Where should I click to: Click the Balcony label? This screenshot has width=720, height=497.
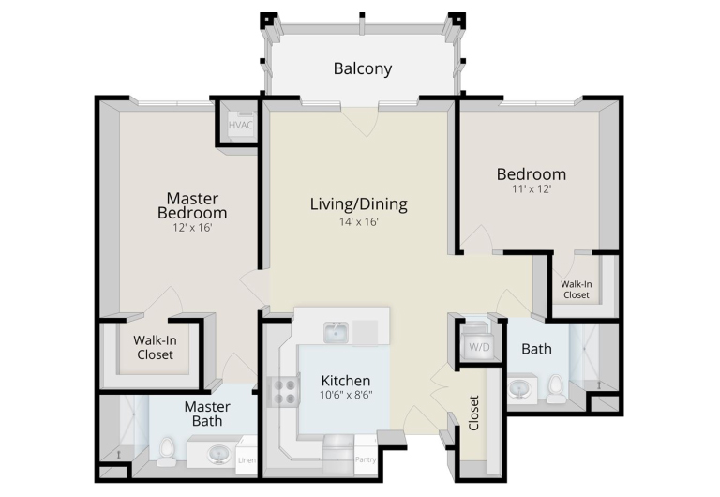(362, 68)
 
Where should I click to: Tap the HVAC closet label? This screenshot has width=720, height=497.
(241, 125)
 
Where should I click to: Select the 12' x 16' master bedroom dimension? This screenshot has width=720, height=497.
(192, 227)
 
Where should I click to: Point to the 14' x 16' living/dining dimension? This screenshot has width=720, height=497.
(359, 222)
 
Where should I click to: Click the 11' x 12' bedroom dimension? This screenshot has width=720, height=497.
(532, 188)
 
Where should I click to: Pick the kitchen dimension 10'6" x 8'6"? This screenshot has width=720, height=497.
(346, 395)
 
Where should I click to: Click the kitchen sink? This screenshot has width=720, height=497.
(336, 333)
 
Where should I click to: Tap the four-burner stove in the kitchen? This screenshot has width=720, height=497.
(285, 392)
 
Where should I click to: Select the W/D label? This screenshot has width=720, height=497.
(479, 347)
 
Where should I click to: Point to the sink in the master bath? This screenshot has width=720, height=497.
(219, 455)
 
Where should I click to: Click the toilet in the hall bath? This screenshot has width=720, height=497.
(556, 387)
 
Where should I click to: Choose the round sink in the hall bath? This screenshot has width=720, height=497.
(521, 388)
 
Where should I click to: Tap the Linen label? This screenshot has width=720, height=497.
(247, 460)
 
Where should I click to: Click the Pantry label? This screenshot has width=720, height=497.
(366, 459)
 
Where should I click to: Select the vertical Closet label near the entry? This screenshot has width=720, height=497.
(473, 413)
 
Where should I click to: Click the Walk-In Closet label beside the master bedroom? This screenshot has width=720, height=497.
(156, 347)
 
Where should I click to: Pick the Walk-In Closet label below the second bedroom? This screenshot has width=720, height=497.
(577, 290)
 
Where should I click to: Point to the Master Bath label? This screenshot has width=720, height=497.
(207, 414)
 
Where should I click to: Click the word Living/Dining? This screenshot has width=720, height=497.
(359, 204)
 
